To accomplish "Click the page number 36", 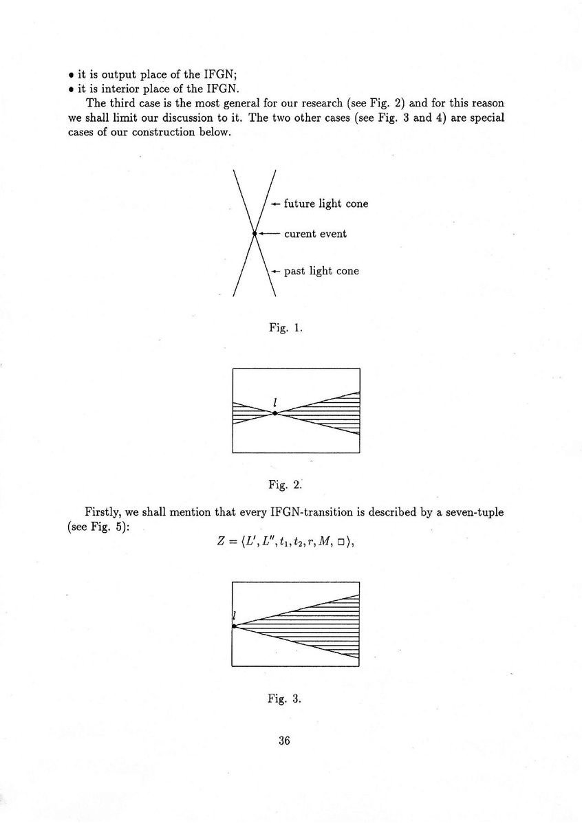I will click(x=285, y=740).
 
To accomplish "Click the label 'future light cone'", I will click(x=325, y=204).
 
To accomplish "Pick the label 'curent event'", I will click(x=315, y=234).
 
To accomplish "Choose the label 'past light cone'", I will click(x=321, y=271).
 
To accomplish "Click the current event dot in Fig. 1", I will click(x=255, y=234).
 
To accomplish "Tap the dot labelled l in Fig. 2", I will click(x=275, y=413).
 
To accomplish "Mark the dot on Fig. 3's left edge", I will click(x=235, y=626).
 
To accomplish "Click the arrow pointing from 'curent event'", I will click(x=269, y=234).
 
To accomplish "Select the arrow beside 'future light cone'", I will click(x=274, y=204).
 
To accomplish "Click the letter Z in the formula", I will click(x=222, y=540).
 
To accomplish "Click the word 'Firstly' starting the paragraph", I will click(x=104, y=512).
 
